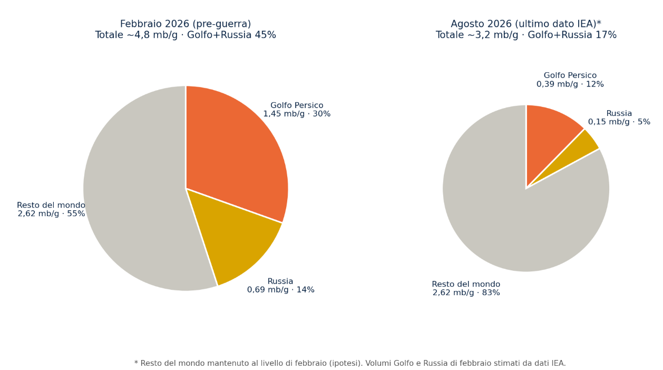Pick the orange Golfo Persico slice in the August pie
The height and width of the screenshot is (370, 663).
click(x=548, y=136)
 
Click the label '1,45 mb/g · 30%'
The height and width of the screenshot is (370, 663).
click(x=297, y=114)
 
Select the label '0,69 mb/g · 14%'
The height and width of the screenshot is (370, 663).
click(x=280, y=290)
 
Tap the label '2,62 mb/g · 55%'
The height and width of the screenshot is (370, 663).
click(x=51, y=213)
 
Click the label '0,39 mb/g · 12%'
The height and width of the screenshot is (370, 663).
click(x=570, y=84)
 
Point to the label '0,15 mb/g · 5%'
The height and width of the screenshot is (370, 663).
click(x=619, y=122)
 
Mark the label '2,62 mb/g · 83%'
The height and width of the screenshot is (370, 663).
click(x=466, y=293)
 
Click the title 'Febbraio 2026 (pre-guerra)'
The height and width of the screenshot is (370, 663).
click(x=186, y=24)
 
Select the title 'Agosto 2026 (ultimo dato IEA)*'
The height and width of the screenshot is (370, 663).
click(x=526, y=24)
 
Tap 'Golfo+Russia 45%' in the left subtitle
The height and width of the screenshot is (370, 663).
click(x=231, y=35)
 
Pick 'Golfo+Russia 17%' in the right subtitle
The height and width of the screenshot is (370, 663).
click(x=572, y=35)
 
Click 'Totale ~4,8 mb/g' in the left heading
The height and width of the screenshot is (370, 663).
click(x=136, y=35)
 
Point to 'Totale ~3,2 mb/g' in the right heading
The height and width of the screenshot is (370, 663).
click(x=477, y=35)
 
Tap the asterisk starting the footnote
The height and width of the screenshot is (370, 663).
click(x=136, y=362)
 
